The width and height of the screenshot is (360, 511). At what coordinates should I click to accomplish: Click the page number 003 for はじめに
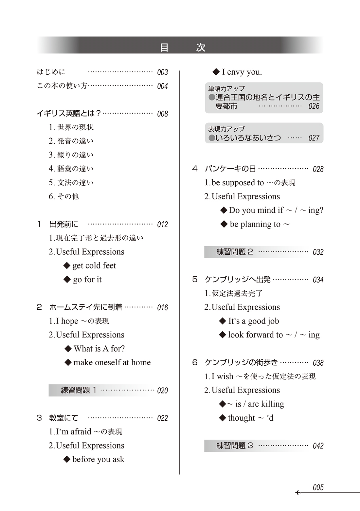coord(162,72)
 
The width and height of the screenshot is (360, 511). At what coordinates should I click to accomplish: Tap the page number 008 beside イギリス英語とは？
coord(162,114)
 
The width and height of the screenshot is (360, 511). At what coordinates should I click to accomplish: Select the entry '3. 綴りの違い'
coord(71,155)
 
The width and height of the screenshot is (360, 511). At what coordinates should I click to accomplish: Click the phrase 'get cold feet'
coord(94,265)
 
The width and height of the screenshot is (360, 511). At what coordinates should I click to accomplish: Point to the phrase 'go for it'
coord(87,280)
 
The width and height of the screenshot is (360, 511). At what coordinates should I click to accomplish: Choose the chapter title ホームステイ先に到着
coord(85,307)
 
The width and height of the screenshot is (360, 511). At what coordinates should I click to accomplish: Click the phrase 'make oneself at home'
coord(112,362)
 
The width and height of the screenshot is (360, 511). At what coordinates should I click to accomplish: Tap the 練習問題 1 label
coord(79,390)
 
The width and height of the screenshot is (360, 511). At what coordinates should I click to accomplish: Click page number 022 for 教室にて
coord(162,418)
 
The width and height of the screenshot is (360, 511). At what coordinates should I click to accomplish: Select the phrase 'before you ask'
coord(98,460)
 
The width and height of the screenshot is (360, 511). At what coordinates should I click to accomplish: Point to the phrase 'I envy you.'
coord(242,72)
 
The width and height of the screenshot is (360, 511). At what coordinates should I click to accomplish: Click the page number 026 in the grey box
coord(314,106)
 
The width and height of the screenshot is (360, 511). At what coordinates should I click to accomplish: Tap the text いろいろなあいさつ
coord(248,138)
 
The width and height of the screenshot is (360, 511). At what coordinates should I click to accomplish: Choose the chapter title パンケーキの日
coord(230,169)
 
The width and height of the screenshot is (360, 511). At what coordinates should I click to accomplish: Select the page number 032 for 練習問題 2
coord(318,252)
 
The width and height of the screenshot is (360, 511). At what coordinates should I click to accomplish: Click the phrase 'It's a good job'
coord(254,321)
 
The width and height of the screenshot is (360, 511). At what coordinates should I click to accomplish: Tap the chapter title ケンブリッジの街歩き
coord(241,363)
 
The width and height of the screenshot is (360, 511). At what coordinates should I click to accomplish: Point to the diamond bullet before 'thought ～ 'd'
coord(223,418)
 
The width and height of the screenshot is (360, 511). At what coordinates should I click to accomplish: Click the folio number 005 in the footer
coord(318,488)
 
